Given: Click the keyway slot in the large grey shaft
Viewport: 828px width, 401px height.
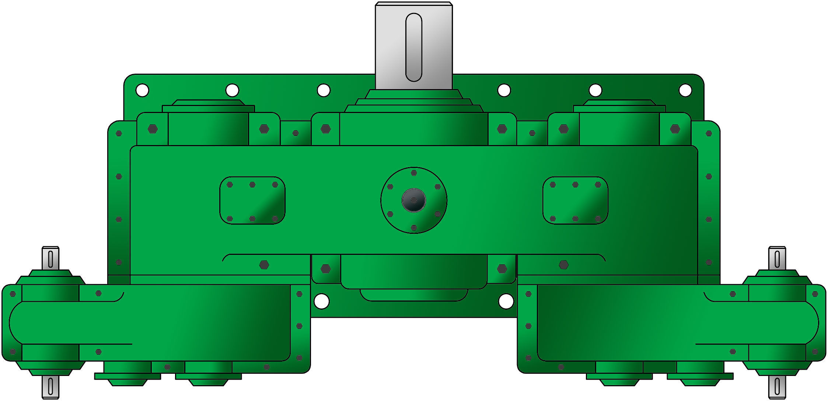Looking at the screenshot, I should click(x=413, y=47).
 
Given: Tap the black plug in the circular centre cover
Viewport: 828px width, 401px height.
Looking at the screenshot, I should click(x=413, y=200).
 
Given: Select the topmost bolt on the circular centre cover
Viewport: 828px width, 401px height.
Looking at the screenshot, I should click(x=414, y=173).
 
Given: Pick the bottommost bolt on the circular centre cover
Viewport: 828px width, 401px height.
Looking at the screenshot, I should click(x=414, y=228).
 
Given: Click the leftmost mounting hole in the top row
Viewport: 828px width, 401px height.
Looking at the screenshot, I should click(x=142, y=90).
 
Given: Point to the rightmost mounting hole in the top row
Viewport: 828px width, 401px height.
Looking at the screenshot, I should click(x=685, y=90).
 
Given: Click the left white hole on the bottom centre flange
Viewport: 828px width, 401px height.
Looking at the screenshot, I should click(x=321, y=301).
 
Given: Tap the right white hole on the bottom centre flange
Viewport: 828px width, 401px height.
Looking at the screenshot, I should click(x=506, y=301).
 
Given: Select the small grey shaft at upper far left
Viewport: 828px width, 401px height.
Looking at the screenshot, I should click(x=50, y=258).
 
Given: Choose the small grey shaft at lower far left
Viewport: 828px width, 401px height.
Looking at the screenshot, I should click(x=50, y=387).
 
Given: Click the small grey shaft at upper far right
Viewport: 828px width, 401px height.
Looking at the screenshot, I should click(x=777, y=258).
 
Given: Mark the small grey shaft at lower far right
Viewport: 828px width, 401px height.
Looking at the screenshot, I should click(x=777, y=387).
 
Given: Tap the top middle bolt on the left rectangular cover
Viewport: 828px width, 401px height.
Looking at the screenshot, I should click(x=252, y=184).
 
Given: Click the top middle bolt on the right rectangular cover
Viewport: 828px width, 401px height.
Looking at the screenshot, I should click(x=575, y=184).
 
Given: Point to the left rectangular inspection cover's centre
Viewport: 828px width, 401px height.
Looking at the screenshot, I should click(x=252, y=201).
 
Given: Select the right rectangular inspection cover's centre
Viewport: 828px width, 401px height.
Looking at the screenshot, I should click(x=575, y=201).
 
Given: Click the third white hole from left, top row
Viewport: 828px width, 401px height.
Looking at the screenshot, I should click(x=324, y=90).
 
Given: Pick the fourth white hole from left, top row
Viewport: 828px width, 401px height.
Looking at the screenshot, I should click(x=504, y=90).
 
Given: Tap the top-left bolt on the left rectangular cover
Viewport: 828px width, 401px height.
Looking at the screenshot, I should click(x=230, y=184).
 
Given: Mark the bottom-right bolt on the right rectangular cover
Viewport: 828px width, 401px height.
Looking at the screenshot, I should click(x=598, y=219).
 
